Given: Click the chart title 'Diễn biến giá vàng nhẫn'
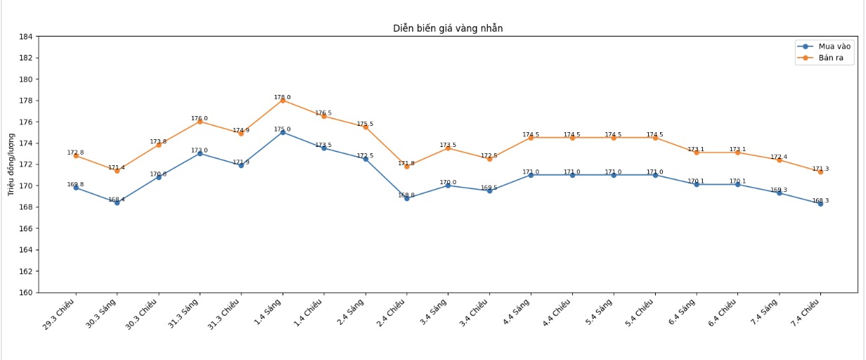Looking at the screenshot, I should point(448,28).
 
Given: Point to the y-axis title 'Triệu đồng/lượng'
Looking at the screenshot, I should point(11,164).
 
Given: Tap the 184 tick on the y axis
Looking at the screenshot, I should point(25,37).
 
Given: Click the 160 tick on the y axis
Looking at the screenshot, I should point(25,292).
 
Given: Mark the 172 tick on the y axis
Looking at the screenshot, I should point(25,165).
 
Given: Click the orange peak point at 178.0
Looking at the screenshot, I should point(283,101).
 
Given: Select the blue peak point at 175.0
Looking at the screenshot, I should point(283,132).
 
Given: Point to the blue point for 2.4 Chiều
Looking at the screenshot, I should point(406,198).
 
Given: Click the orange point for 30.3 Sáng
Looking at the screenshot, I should point(117,171).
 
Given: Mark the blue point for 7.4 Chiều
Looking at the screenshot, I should point(820,204).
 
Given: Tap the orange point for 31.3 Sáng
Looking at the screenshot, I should point(200,122).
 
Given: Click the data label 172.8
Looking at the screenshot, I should point(75,153).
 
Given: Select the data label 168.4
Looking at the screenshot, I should point(117,199).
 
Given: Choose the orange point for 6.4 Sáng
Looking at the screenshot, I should point(696,153).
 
